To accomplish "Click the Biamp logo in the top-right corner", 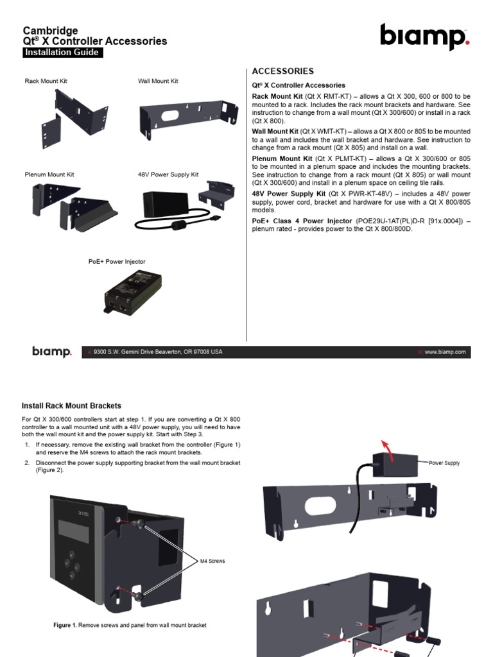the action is [x=425, y=37].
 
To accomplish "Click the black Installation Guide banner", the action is [x=62, y=53].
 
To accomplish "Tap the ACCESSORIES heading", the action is [x=283, y=71].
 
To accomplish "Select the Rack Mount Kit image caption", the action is [x=46, y=81].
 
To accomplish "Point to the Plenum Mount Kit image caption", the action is [x=49, y=175].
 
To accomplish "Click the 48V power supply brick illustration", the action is [x=166, y=205].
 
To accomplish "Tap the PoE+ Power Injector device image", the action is [x=132, y=292].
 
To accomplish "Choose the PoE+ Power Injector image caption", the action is [x=117, y=262].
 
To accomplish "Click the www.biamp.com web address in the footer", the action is [x=445, y=352].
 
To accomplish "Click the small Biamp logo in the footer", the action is [x=52, y=352].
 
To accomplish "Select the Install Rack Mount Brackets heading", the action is [x=71, y=405].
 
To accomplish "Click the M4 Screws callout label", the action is [x=212, y=561].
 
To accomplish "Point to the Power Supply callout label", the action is [x=444, y=463].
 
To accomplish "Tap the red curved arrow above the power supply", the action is [x=387, y=450].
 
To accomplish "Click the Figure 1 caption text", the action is [x=130, y=625].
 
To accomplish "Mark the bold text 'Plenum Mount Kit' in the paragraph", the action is [x=282, y=159].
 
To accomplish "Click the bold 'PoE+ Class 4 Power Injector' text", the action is [x=302, y=221].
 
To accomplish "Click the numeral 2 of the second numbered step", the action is [x=27, y=463].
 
